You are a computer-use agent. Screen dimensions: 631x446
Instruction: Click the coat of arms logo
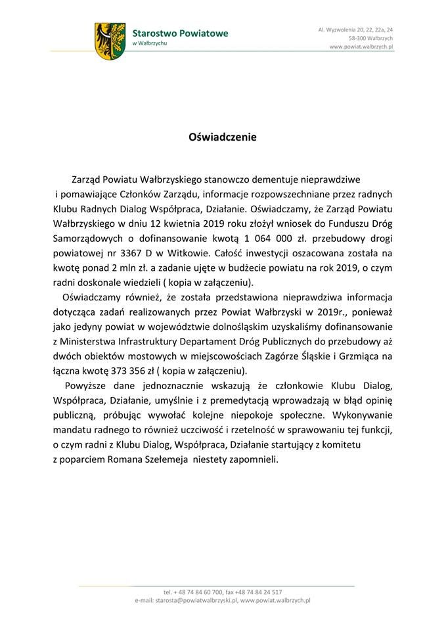[x=110, y=41]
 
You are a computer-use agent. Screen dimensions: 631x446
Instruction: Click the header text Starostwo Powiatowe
[x=180, y=33]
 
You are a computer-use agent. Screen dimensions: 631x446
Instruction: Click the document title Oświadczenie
[x=223, y=137]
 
